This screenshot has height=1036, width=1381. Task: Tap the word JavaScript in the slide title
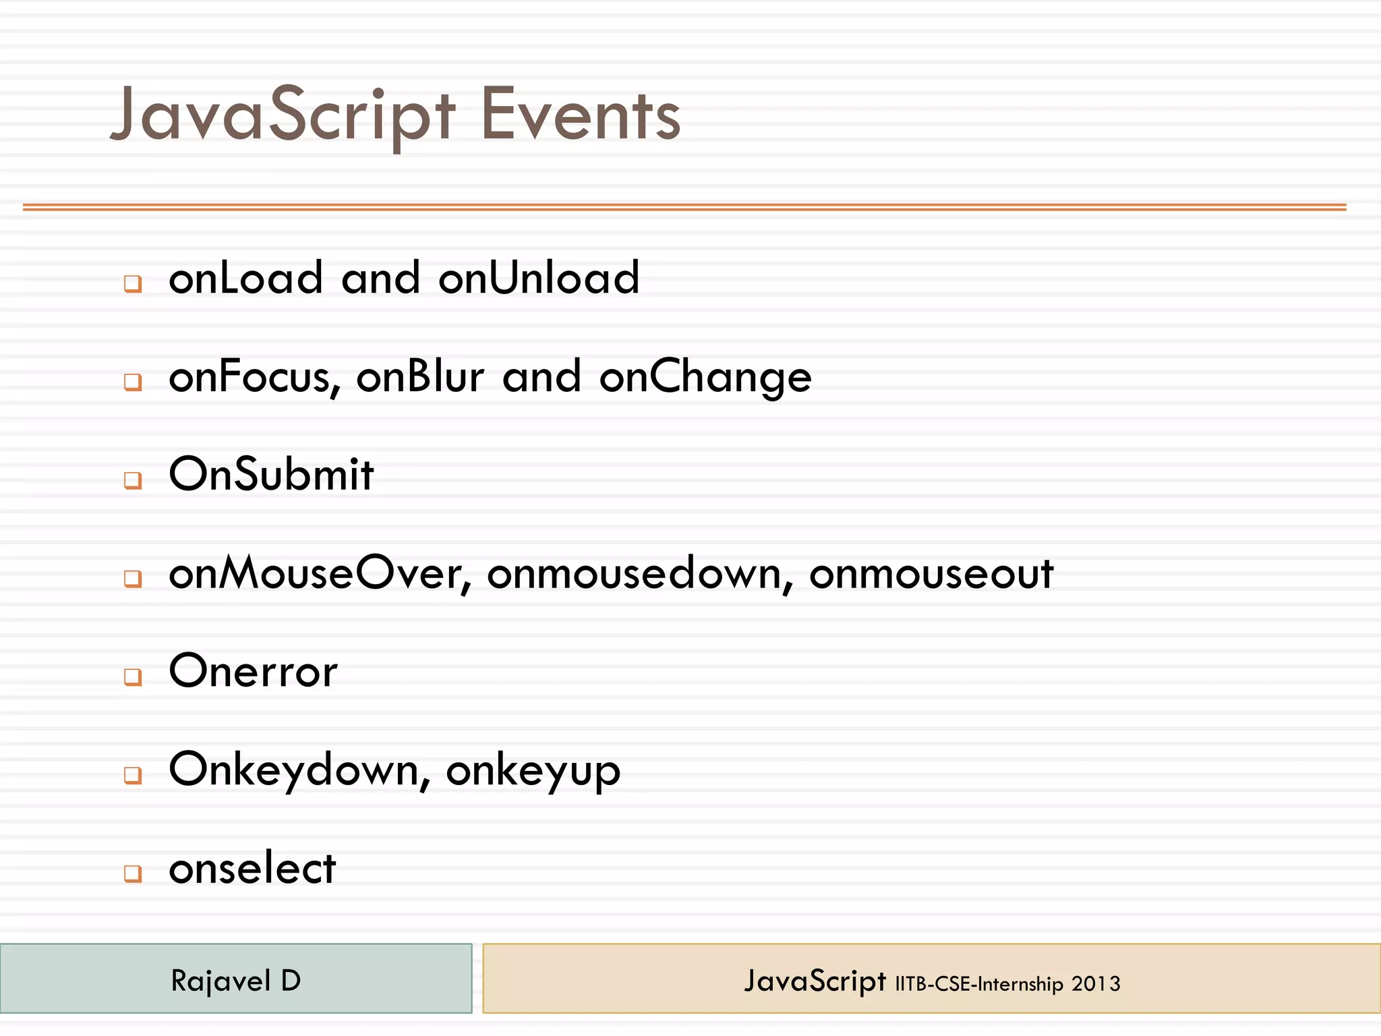pos(283,116)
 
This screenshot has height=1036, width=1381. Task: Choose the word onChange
pos(705,378)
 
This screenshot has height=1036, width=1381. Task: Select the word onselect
pos(252,869)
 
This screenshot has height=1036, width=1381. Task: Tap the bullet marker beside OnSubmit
pos(133,480)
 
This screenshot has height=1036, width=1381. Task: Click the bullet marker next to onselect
pos(133,873)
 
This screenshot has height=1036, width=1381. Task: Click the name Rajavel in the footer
pos(221,981)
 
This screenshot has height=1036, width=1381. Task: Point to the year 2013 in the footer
pos(1096,984)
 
